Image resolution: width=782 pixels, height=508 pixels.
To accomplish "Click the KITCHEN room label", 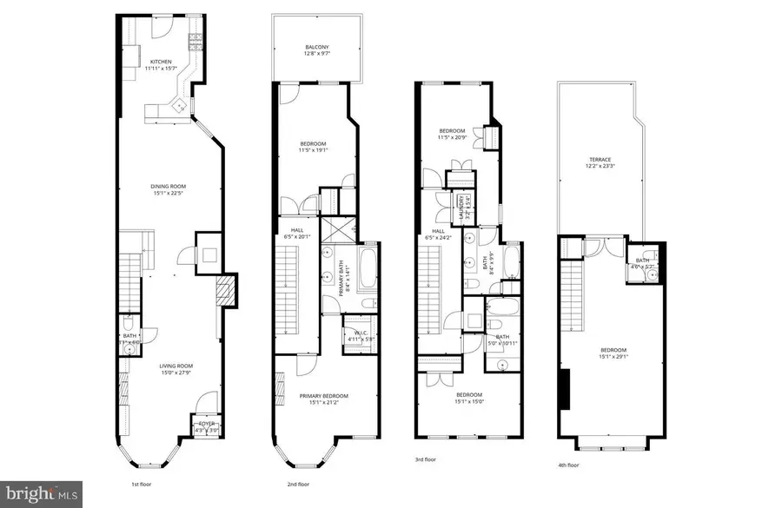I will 161,62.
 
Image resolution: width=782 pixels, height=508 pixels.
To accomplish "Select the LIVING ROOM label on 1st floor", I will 175,366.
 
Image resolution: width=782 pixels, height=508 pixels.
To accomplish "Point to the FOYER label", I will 206,424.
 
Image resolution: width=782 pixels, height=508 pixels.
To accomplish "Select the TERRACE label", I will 599,160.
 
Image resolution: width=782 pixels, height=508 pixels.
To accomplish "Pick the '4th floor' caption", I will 568,465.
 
